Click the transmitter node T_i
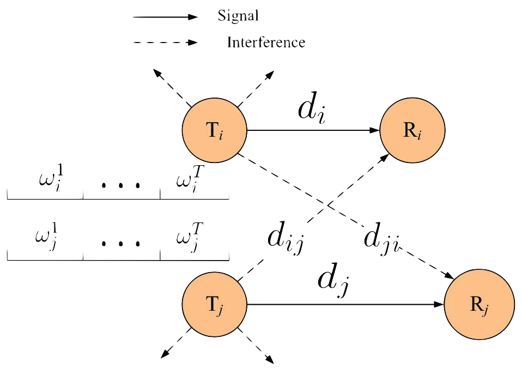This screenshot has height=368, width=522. coord(215,131)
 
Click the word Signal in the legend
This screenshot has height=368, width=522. coord(238,16)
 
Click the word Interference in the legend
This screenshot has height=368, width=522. coord(266,42)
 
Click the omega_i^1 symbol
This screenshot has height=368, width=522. coord(51,178)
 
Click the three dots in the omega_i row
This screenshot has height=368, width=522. coord(121,185)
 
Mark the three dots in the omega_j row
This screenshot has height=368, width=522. coord(121,243)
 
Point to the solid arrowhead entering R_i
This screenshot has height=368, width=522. coord(375,131)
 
